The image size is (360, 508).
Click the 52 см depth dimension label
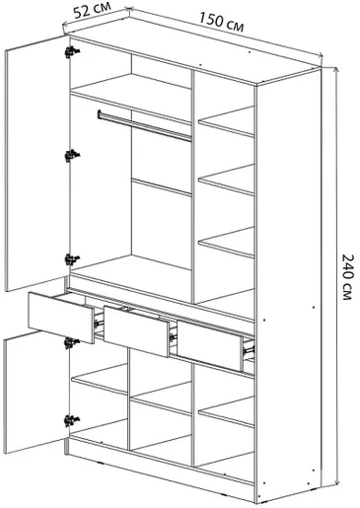pyautogui.click(x=93, y=11)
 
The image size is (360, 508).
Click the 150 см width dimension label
pyautogui.click(x=221, y=22)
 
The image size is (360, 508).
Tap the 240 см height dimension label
pyautogui.click(x=347, y=276)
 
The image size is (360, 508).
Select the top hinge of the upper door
pyautogui.click(x=72, y=51)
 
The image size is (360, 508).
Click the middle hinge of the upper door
pyautogui.click(x=72, y=155)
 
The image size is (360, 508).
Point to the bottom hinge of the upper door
pyautogui.click(x=72, y=259)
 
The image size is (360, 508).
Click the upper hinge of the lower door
pyautogui.click(x=72, y=343)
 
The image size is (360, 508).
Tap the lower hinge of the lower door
pyautogui.click(x=72, y=420)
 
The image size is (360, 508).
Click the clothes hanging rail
pyautogui.click(x=144, y=126)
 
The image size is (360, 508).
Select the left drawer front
pyautogui.click(x=61, y=318)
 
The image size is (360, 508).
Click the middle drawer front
pyautogui.click(x=137, y=330)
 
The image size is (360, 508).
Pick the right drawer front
pyautogui.click(x=210, y=346)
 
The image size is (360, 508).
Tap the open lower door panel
pyautogui.click(x=36, y=393)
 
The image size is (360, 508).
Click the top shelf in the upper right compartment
pyautogui.click(x=226, y=121)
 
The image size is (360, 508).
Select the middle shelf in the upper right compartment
pyautogui.click(x=226, y=180)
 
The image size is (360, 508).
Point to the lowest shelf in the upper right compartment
pyautogui.click(x=226, y=243)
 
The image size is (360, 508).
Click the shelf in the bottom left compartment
pyautogui.click(x=100, y=379)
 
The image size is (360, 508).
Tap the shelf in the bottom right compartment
pyautogui.click(x=226, y=412)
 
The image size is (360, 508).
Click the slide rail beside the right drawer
pyautogui.click(x=249, y=348)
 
